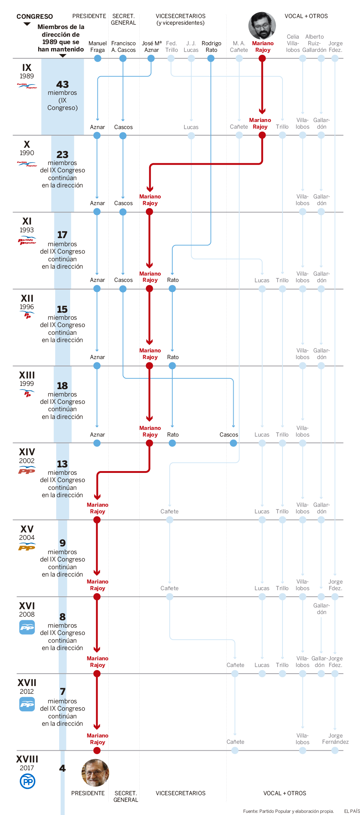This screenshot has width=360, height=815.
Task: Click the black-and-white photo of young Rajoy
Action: click(x=262, y=26)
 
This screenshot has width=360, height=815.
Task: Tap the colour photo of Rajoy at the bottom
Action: click(x=95, y=773)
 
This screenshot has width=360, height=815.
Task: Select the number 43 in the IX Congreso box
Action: click(x=62, y=85)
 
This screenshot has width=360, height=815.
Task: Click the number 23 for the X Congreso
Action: click(x=62, y=155)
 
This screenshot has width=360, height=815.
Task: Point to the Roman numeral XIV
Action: click(x=27, y=452)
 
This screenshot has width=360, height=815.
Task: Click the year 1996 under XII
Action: click(x=27, y=307)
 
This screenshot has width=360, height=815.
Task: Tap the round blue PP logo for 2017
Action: click(x=28, y=782)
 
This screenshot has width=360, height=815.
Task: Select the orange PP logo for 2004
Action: click(x=27, y=547)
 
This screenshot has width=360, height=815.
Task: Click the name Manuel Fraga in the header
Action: click(x=97, y=47)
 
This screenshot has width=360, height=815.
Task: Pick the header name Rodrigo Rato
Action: click(x=211, y=47)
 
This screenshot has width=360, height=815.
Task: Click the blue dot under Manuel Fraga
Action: click(x=98, y=58)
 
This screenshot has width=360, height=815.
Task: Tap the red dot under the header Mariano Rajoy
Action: click(x=262, y=58)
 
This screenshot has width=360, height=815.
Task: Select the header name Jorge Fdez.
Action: click(x=335, y=47)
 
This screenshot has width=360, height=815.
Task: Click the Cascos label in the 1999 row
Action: click(x=228, y=435)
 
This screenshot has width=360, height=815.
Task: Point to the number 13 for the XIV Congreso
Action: click(x=62, y=464)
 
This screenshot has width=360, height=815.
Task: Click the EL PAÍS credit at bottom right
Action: click(x=352, y=811)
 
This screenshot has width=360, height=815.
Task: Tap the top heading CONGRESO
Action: click(x=35, y=17)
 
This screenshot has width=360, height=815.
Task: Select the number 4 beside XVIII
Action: click(x=62, y=768)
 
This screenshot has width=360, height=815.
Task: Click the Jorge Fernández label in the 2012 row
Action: click(x=335, y=739)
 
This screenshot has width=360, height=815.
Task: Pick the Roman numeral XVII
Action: click(x=27, y=683)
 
